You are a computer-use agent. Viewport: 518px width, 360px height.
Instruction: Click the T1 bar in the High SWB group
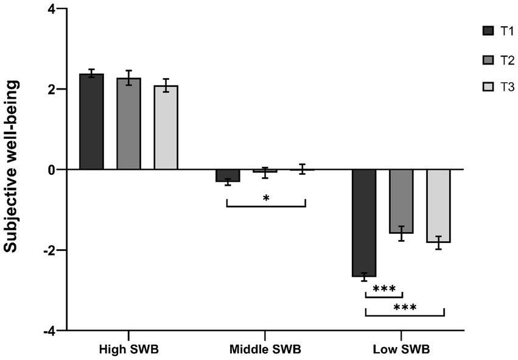coord(91,122)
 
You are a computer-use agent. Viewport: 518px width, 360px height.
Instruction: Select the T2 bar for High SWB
coord(128,124)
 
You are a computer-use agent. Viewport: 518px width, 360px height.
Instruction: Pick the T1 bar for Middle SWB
coord(227,175)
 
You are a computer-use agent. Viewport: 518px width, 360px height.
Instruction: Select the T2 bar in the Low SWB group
coord(401,201)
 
